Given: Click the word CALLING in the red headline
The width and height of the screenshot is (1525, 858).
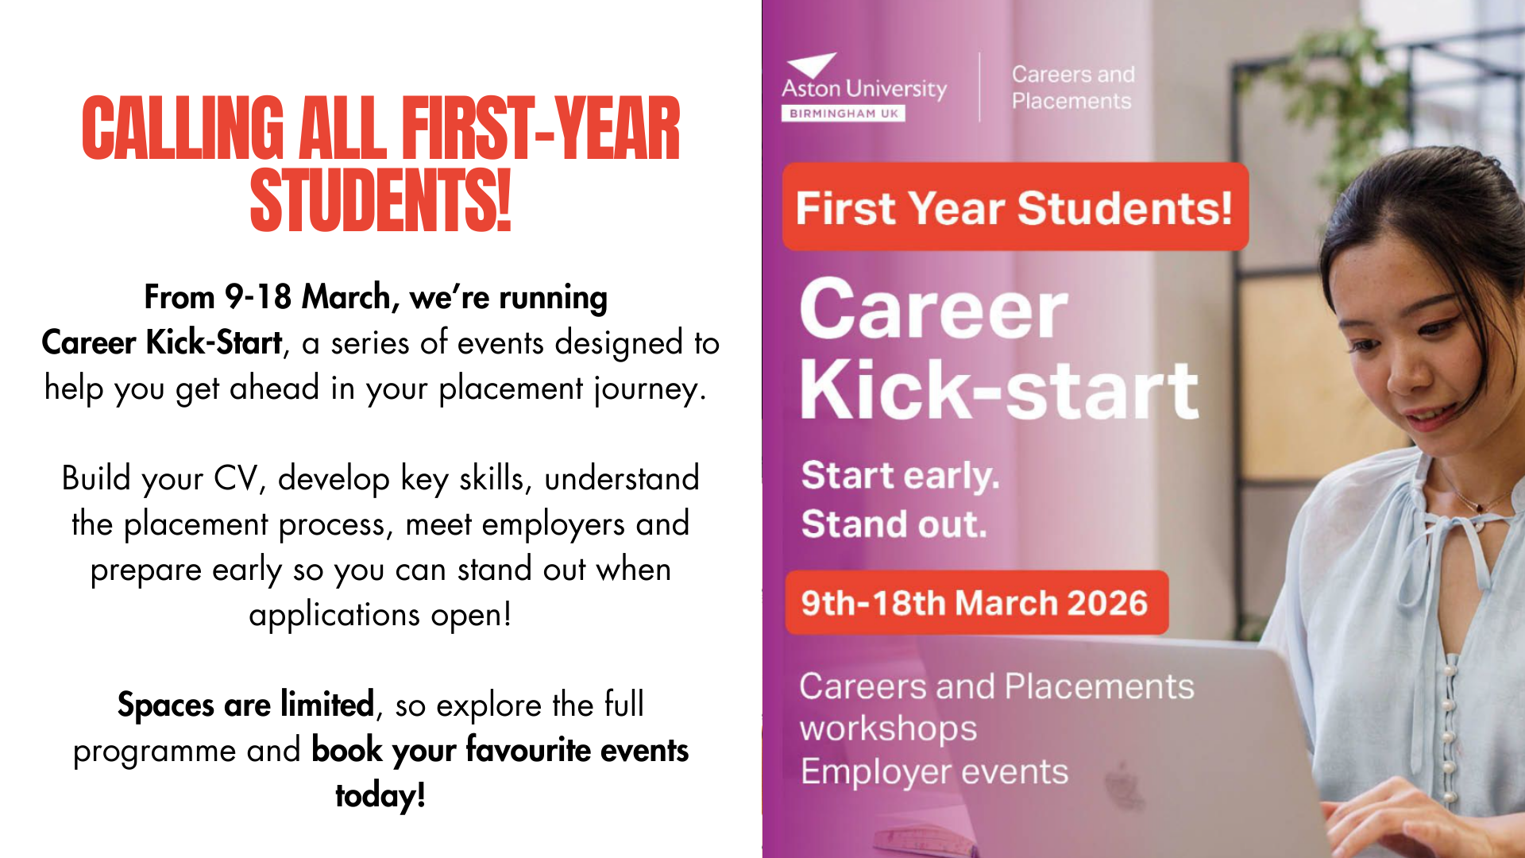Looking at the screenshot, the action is point(183,129).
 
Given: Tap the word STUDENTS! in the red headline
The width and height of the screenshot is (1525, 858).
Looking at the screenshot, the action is point(380,201).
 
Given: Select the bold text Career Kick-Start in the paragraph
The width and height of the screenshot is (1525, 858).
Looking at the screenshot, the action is point(162,343).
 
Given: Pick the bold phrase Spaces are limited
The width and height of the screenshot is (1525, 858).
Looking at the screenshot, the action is point(245,705).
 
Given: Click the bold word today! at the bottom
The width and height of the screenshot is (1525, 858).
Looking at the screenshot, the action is point(380,796).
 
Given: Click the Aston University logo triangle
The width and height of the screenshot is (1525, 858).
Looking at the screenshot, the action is point(812,65).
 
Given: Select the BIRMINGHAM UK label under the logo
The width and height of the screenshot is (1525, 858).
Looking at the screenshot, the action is point(844,114).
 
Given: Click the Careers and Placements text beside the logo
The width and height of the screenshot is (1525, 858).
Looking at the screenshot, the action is point(1073,87).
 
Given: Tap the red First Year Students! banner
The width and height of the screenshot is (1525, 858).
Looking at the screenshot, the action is point(1015,207).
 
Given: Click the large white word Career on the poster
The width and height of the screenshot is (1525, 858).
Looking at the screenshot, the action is point(934,310).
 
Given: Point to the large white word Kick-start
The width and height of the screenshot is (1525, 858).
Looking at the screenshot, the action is point(999,389).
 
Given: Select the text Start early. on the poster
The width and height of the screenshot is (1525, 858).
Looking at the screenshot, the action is point(900,476).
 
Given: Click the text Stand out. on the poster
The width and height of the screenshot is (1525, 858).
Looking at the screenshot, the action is point(894,524).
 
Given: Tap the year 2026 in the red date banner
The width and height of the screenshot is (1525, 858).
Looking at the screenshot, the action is point(1107,603).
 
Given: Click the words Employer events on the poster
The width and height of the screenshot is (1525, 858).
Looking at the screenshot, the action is point(934,772).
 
